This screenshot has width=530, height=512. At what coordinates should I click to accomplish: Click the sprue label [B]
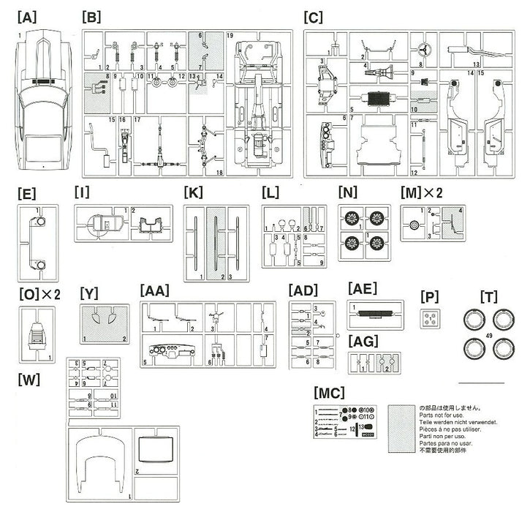[92, 16]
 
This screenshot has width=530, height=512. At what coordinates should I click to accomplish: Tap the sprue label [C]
[312, 16]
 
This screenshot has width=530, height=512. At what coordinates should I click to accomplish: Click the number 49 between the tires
[487, 336]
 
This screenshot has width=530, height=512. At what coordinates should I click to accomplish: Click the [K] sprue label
[194, 194]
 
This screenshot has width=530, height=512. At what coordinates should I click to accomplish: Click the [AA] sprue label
[154, 290]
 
